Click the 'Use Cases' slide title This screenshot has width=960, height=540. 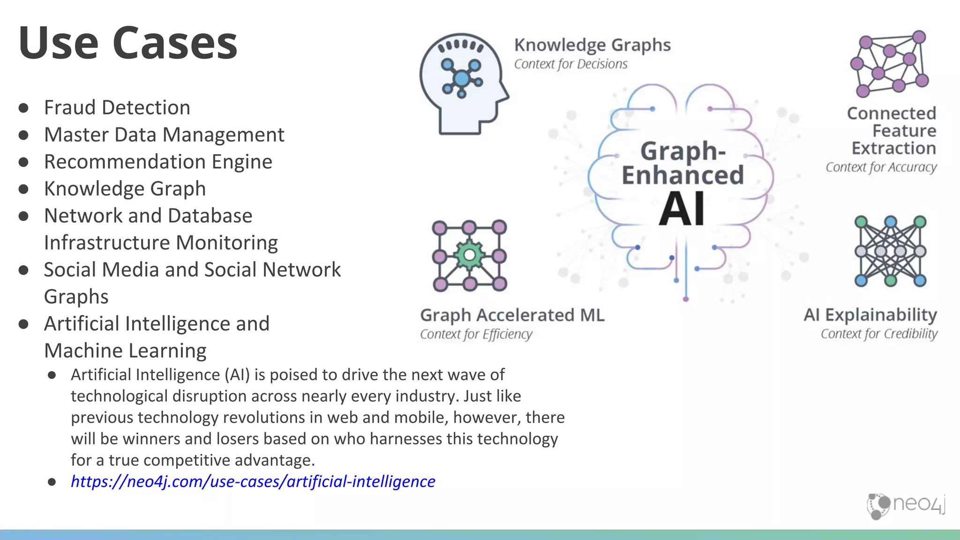point(128,43)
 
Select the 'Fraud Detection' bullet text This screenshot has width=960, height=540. point(117,107)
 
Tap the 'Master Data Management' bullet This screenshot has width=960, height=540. point(164,135)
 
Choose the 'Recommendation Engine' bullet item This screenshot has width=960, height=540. point(158,162)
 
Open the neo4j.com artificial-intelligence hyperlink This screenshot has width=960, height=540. point(253,481)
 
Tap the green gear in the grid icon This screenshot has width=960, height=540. point(469,255)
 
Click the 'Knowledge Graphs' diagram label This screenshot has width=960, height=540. point(592,45)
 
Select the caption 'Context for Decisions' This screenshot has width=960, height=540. point(570,64)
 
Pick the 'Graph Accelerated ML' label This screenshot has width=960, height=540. point(512,315)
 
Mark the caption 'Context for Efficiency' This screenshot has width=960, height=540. point(476,334)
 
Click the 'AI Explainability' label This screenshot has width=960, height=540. point(870,315)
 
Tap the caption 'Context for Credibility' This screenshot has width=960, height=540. point(879,334)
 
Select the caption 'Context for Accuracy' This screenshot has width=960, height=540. point(881,167)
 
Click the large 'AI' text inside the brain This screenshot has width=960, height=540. point(682,210)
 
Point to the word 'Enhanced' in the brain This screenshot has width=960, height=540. point(682,175)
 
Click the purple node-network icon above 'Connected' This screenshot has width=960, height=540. point(889,63)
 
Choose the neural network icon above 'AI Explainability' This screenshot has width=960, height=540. point(890,251)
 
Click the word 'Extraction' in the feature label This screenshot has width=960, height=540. point(893,148)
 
